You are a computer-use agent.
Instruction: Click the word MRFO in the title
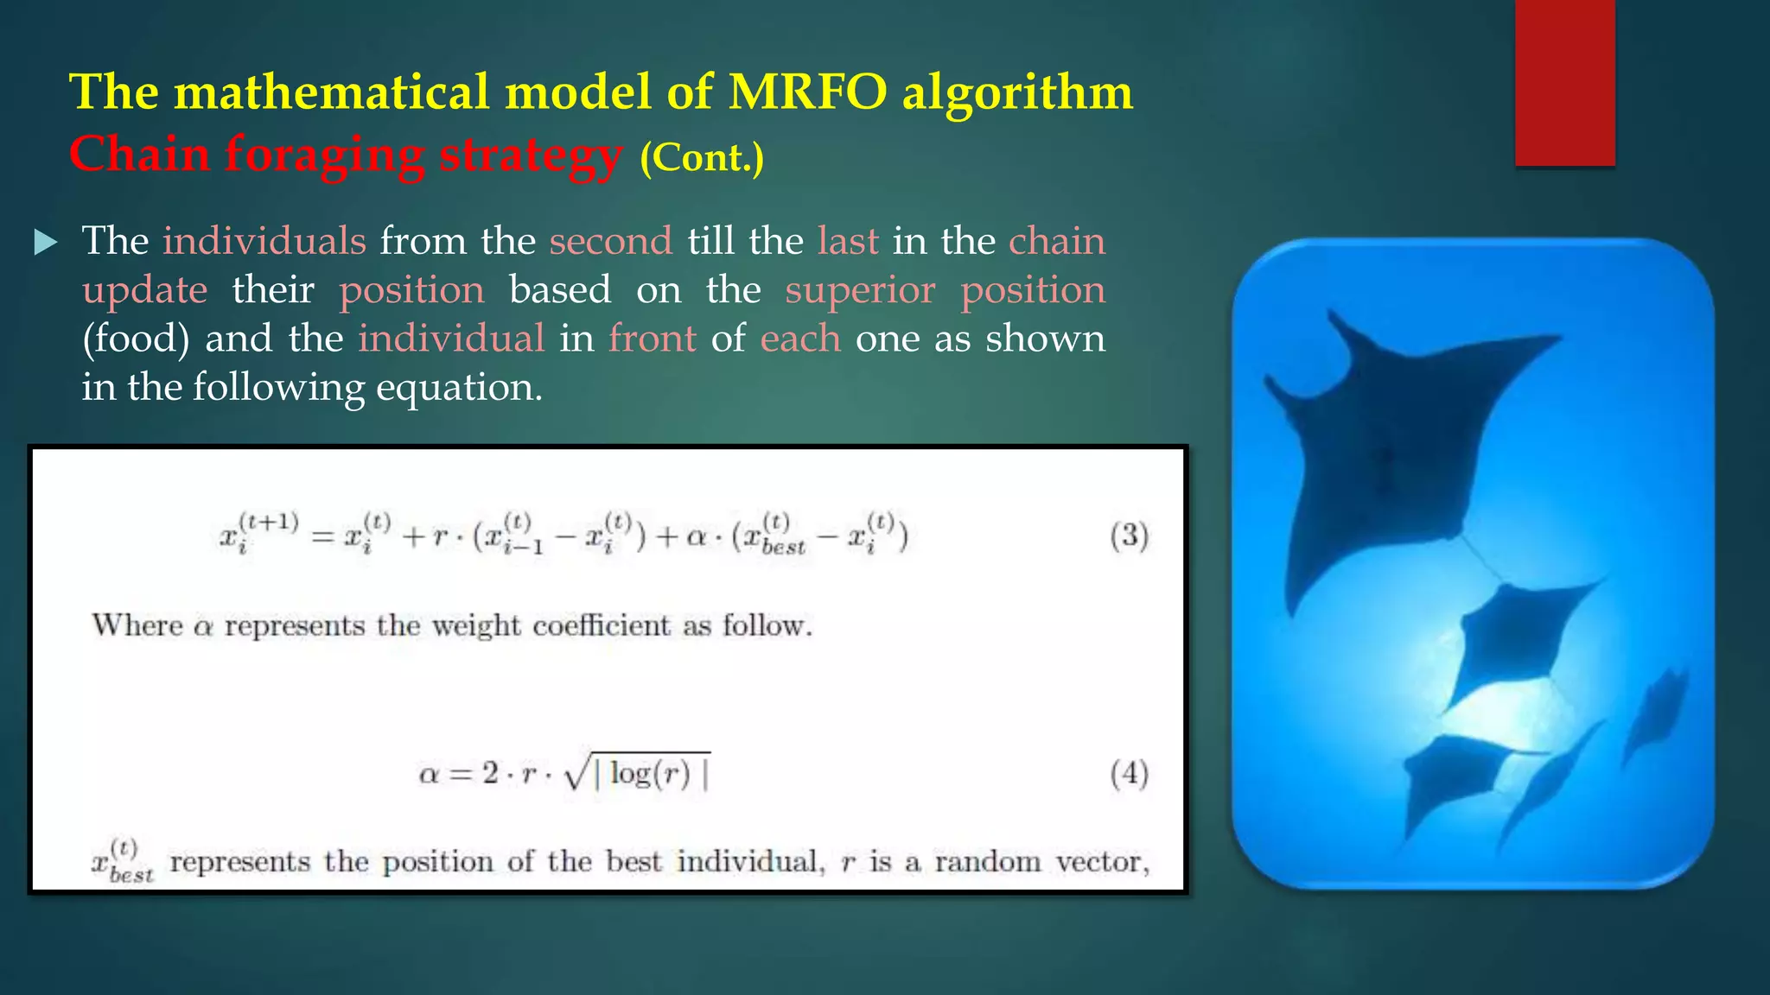(x=807, y=92)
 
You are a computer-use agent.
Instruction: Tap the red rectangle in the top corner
(x=1564, y=82)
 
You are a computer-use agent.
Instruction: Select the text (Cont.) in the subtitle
(x=702, y=157)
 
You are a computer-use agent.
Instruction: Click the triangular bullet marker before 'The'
(x=45, y=242)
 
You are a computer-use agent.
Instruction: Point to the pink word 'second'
(x=610, y=241)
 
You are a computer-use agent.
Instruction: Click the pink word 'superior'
(x=859, y=290)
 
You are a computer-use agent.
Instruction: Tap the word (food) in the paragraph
(x=136, y=339)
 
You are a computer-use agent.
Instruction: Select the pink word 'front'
(x=652, y=339)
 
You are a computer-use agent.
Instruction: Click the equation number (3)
(x=1129, y=536)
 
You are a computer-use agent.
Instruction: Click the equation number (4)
(x=1129, y=773)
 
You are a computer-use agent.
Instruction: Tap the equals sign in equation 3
(x=322, y=538)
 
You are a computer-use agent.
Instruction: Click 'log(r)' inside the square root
(x=650, y=773)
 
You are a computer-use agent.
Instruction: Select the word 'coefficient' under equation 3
(x=601, y=625)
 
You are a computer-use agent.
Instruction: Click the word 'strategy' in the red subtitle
(x=531, y=155)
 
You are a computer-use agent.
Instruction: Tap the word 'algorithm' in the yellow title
(x=1017, y=92)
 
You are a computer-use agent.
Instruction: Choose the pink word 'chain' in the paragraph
(x=1056, y=241)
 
